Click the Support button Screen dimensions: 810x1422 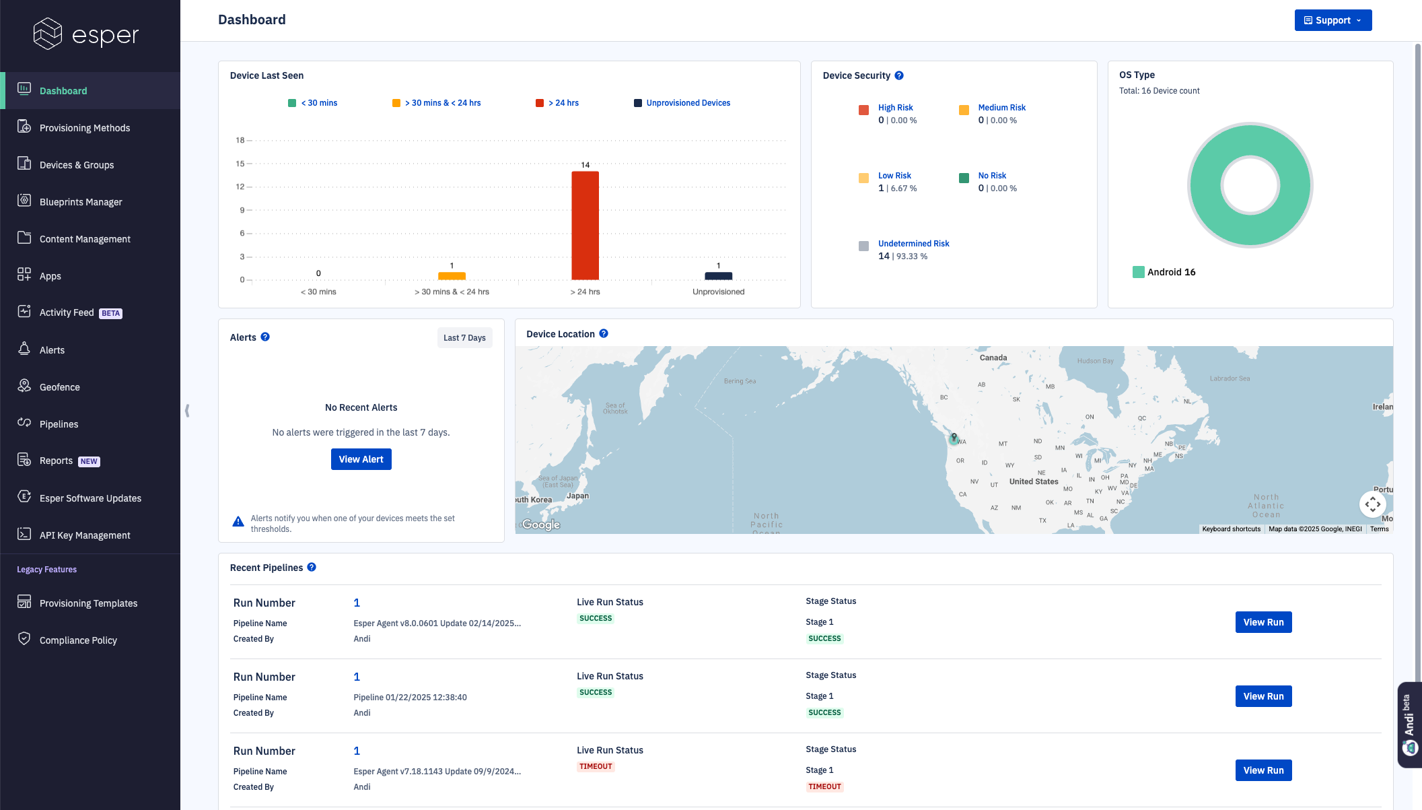pos(1332,20)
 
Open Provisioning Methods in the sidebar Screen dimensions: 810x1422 pos(84,128)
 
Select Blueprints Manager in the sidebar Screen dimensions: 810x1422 pos(80,202)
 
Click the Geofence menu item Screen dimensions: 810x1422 pos(59,387)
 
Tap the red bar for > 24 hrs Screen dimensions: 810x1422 pos(585,226)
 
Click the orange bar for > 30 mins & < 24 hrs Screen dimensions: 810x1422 pos(452,276)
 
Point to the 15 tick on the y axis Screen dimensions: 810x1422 pos(240,164)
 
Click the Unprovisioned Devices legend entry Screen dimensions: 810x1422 pos(688,103)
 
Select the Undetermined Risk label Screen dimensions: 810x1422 pos(913,244)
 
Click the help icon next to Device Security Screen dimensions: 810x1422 pos(899,75)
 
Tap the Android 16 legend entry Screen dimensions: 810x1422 pos(1170,272)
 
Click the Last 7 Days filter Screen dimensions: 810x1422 pos(464,338)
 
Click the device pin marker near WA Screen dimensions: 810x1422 pos(954,438)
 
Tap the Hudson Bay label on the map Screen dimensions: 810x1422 pos(1095,361)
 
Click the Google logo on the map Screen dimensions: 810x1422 pos(541,525)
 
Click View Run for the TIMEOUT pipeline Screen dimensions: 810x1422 pos(1263,770)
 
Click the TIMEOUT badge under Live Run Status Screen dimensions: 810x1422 pos(596,766)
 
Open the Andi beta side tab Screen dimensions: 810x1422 pos(1409,724)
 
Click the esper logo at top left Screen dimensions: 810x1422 pos(86,34)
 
